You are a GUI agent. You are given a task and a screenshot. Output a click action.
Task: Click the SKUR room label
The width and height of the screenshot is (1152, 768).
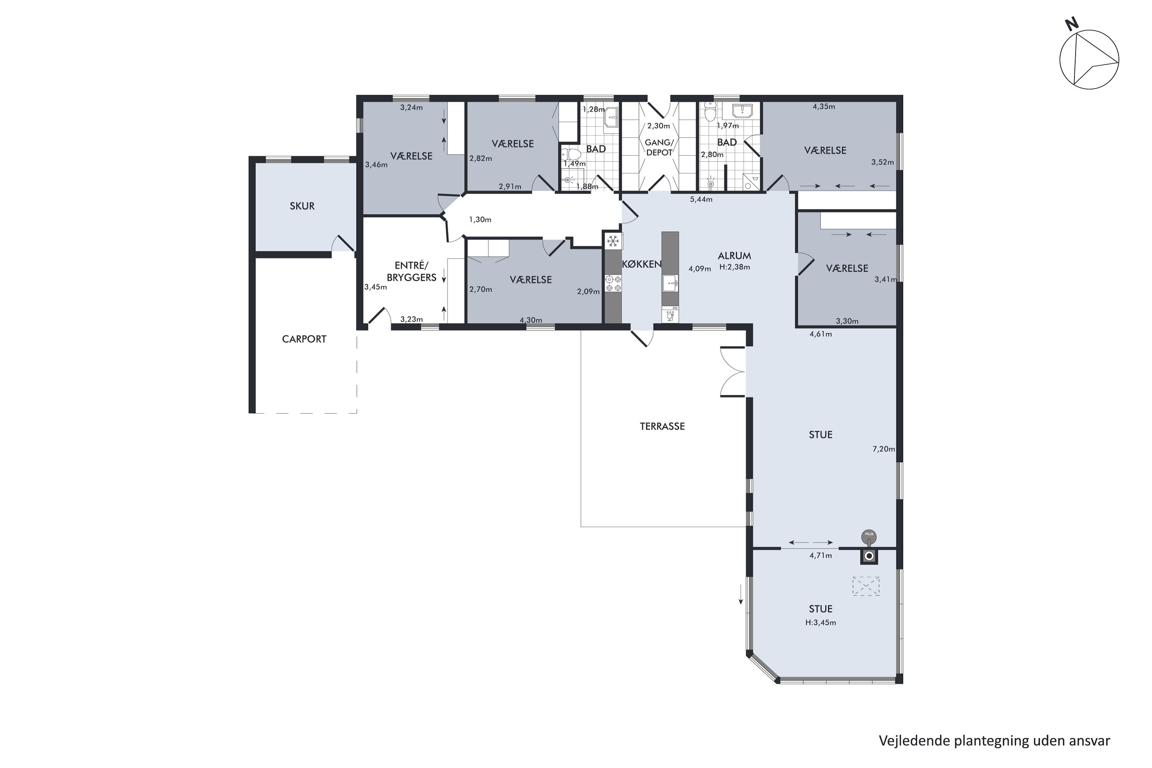pyautogui.click(x=302, y=206)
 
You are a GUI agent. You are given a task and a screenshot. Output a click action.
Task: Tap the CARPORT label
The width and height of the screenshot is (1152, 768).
pyautogui.click(x=304, y=339)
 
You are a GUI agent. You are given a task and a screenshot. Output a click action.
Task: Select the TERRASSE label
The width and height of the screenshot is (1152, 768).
pyautogui.click(x=662, y=426)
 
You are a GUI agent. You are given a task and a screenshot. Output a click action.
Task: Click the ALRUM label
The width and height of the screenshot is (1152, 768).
pyautogui.click(x=734, y=256)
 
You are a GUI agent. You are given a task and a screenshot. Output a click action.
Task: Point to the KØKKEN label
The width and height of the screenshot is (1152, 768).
pyautogui.click(x=642, y=264)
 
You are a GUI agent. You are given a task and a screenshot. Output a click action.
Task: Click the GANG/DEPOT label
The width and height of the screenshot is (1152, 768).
pyautogui.click(x=659, y=147)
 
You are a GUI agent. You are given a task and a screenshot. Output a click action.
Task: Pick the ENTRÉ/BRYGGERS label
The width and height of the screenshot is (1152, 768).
pyautogui.click(x=411, y=271)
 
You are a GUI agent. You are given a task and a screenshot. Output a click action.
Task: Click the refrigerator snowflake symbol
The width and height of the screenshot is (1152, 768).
pyautogui.click(x=612, y=241)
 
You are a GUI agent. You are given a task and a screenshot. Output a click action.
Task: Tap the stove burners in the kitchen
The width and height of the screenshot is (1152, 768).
pyautogui.click(x=613, y=284)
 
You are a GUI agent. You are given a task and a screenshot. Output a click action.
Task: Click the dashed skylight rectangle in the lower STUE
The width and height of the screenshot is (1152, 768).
pyautogui.click(x=866, y=586)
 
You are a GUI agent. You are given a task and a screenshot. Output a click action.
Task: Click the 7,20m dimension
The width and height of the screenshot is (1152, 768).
pyautogui.click(x=884, y=449)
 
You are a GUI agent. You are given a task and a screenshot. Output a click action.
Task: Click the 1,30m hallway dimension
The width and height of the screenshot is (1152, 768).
pyautogui.click(x=480, y=219)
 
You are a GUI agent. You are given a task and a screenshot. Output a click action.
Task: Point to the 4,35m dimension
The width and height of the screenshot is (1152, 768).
pyautogui.click(x=824, y=106)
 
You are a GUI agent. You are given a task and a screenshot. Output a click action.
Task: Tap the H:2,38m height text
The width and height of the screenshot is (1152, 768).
pyautogui.click(x=734, y=267)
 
